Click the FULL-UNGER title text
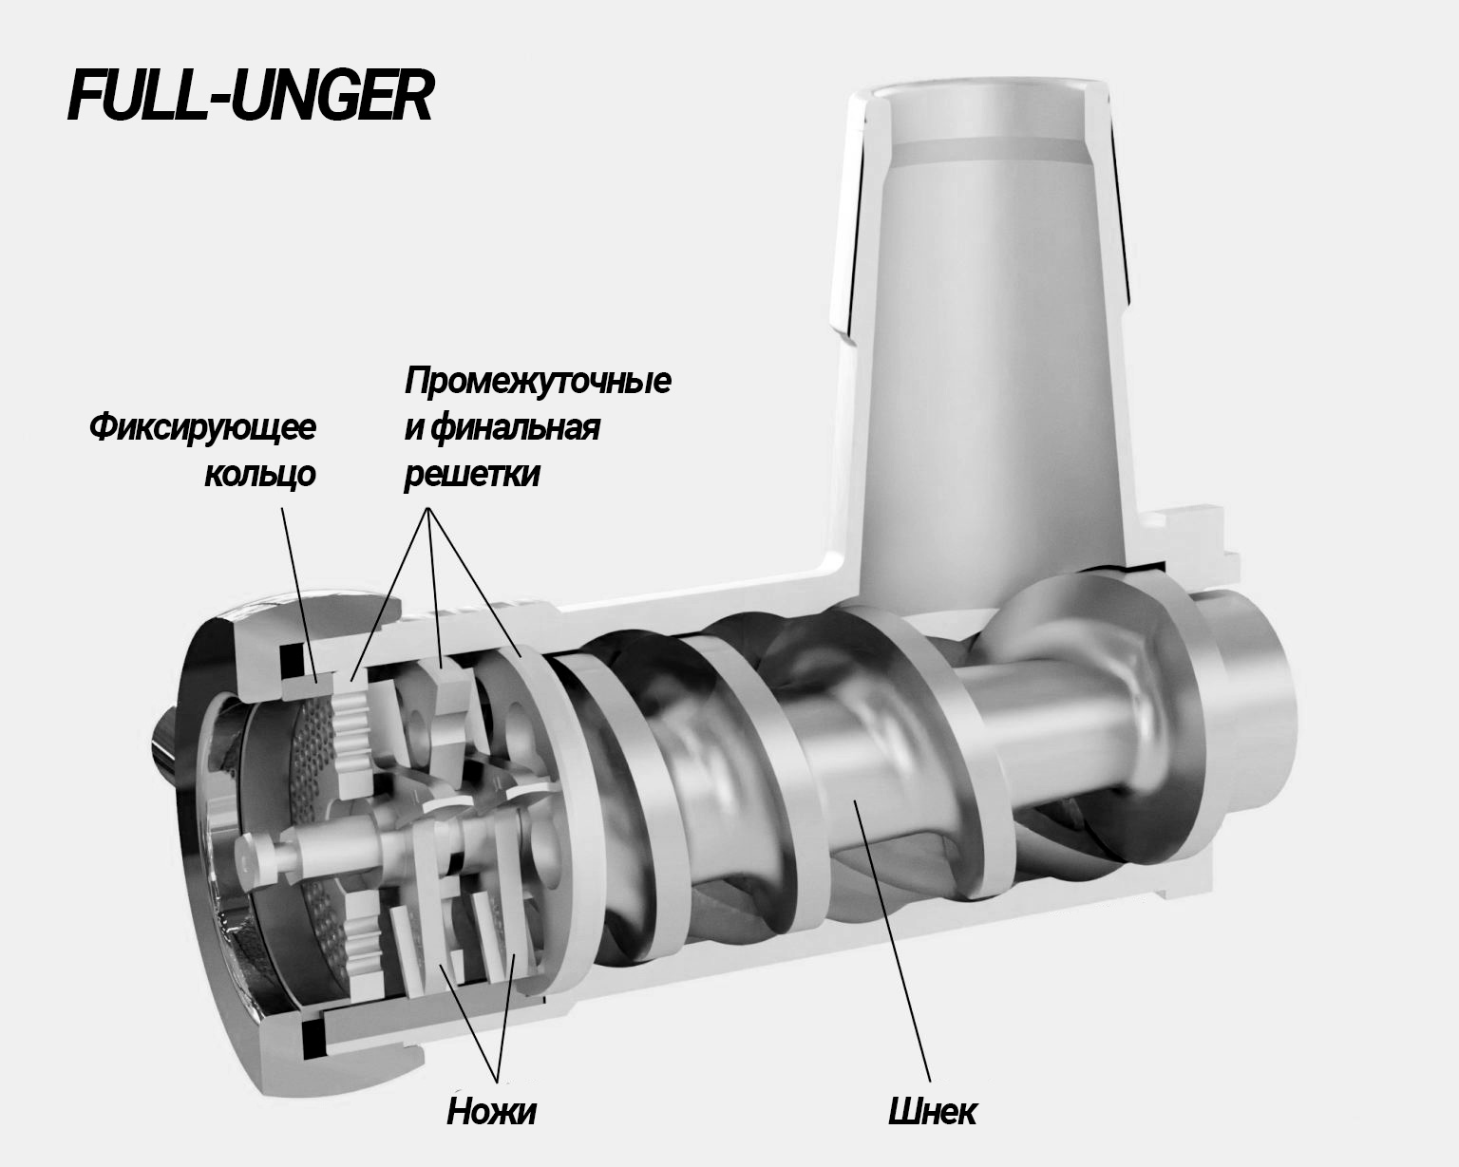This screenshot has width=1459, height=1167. pyautogui.click(x=250, y=96)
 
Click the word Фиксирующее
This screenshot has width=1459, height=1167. pyautogui.click(x=202, y=429)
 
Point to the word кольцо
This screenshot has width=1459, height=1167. pyautogui.click(x=260, y=474)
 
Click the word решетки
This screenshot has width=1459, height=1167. pyautogui.click(x=472, y=474)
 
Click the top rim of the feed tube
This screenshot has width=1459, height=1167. pyautogui.click(x=979, y=91)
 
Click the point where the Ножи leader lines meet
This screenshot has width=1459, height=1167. pyautogui.click(x=498, y=1079)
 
